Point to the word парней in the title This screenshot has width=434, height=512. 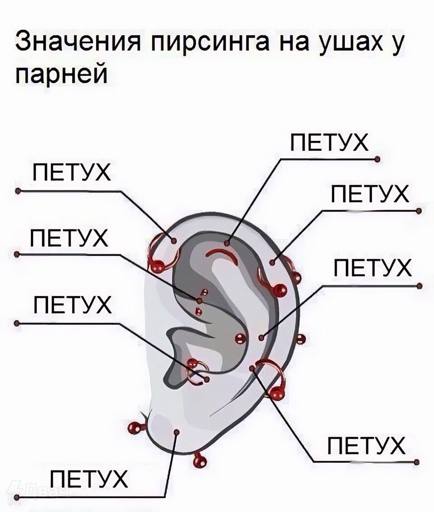(x=61, y=75)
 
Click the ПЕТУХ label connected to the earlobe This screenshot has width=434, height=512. (x=88, y=479)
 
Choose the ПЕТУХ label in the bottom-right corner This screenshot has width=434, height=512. (x=366, y=446)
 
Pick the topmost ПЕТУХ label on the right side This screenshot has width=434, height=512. (x=329, y=143)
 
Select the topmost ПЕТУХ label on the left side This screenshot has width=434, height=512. (x=72, y=172)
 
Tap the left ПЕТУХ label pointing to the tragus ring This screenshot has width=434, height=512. (x=73, y=305)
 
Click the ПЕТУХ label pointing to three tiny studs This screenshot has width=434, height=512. (x=69, y=238)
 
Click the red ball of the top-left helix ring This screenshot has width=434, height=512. (x=157, y=266)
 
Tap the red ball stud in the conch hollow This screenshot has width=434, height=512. (x=240, y=339)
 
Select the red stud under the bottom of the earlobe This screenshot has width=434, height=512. (x=199, y=460)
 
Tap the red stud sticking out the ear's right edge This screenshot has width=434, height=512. (x=301, y=339)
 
